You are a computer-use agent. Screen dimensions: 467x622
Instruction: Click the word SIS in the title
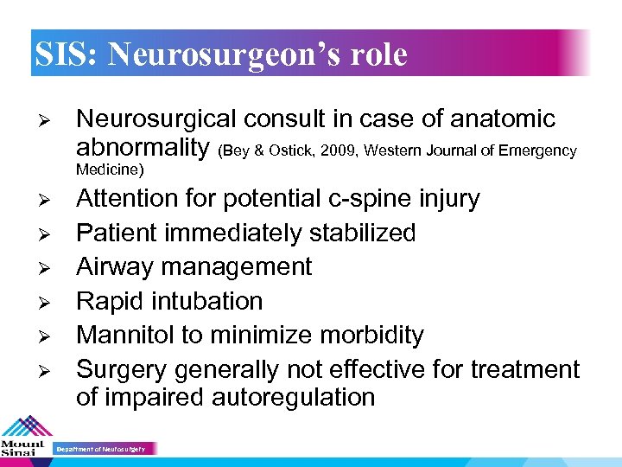point(65,54)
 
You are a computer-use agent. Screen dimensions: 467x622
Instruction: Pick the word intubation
point(208,301)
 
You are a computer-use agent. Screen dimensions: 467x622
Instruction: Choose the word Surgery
point(122,370)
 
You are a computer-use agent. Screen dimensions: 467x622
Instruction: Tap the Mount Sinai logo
point(25,438)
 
